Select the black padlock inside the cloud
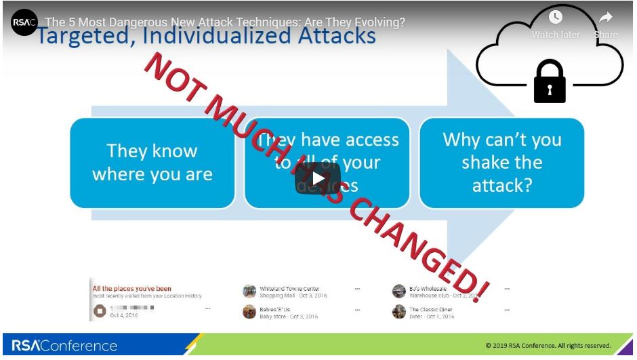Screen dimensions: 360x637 (x=550, y=80)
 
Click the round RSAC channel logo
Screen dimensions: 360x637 (x=24, y=22)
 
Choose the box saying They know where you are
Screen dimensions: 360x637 (x=152, y=163)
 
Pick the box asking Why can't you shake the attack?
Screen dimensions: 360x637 (x=501, y=163)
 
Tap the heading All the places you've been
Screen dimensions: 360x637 (x=131, y=289)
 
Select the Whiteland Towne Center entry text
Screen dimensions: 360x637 (x=289, y=289)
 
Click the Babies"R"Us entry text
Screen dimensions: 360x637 (x=274, y=309)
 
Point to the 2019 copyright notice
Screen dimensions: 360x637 (x=548, y=346)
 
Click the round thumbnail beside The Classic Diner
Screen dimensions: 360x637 (x=399, y=312)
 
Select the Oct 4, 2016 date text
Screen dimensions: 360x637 (x=124, y=316)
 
